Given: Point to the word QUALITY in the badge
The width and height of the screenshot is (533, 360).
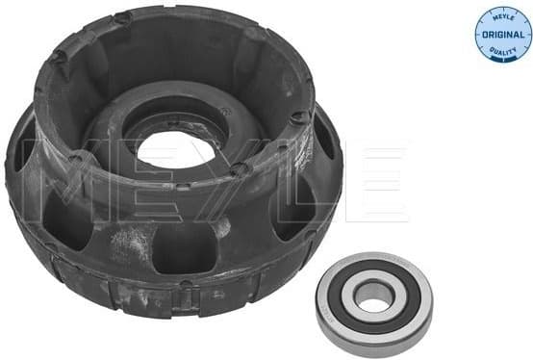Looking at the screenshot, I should click(502, 50).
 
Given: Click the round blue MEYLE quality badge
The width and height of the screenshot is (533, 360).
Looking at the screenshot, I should click(502, 33).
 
